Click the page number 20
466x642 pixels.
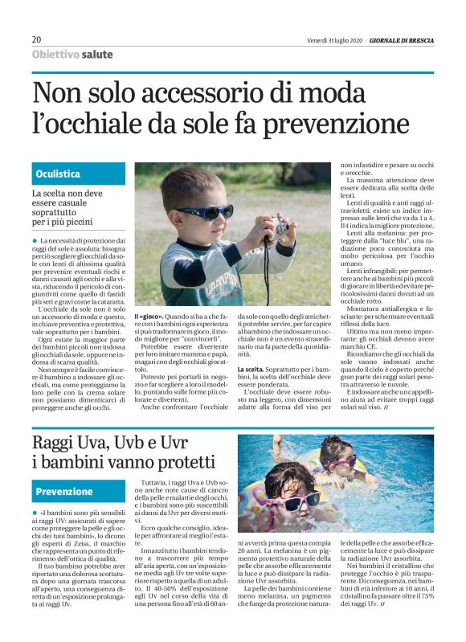(x=36, y=40)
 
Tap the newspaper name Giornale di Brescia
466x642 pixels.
(x=400, y=40)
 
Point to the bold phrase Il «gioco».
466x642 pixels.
(x=150, y=317)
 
